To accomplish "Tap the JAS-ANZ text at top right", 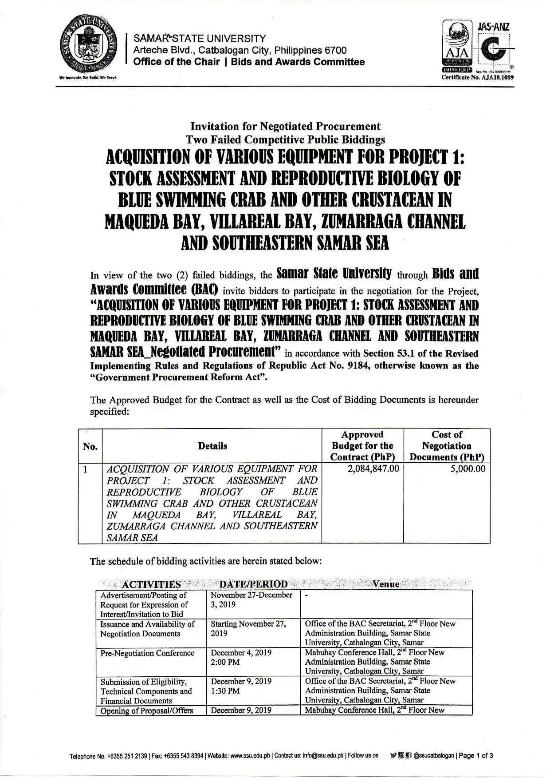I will [493, 28].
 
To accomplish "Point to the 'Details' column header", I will [212, 446].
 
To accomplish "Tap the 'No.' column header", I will [90, 446].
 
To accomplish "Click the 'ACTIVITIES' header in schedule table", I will [151, 584].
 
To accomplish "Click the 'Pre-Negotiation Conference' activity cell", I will [147, 653].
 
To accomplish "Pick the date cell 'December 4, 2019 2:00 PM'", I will [241, 657].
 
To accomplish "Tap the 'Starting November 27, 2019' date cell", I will [248, 628].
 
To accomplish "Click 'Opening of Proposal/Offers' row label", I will [147, 710].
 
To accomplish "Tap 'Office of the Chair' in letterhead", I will [176, 62].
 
